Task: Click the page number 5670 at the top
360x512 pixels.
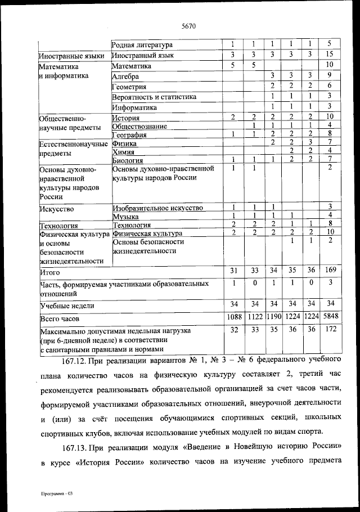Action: (x=188, y=25)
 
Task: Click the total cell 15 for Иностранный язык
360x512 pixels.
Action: (x=330, y=55)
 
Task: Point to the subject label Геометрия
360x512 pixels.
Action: (x=129, y=87)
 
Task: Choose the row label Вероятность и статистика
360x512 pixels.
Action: (x=154, y=97)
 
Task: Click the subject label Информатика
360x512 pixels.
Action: (x=134, y=107)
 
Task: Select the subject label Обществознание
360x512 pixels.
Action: (x=139, y=126)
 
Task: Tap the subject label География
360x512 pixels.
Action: (x=130, y=134)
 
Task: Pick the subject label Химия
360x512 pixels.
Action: (x=123, y=151)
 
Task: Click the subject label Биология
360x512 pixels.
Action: (x=128, y=160)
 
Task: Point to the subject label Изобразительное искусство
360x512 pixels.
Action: (x=157, y=208)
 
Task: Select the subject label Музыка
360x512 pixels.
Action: (x=126, y=216)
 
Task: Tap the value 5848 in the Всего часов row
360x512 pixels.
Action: (x=330, y=317)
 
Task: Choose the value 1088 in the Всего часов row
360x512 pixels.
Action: (x=234, y=317)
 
